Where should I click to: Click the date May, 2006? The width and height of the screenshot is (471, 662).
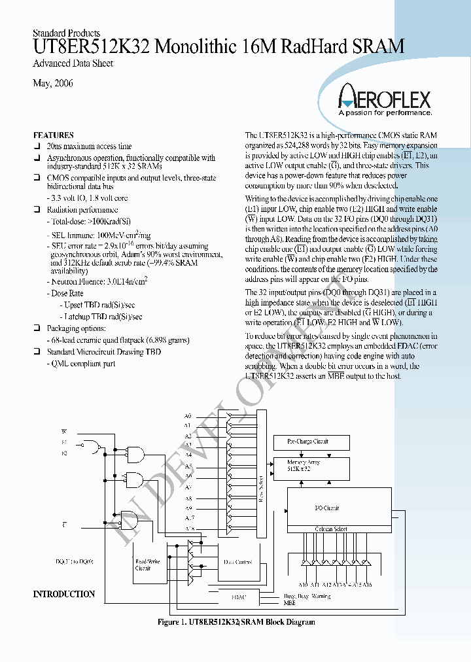coord(52,84)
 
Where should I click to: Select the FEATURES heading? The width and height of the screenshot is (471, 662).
coord(53,135)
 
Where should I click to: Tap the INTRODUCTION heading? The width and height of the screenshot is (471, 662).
coord(63,594)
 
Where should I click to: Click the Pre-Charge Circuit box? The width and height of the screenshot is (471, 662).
coord(307,442)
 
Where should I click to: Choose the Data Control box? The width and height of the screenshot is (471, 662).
coord(238,562)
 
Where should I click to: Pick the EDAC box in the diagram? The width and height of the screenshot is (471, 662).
coord(239,597)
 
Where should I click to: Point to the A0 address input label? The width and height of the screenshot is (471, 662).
coord(188,416)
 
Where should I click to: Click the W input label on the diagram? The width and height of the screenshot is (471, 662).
coord(63,431)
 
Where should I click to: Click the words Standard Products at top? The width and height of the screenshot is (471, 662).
coord(66,33)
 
